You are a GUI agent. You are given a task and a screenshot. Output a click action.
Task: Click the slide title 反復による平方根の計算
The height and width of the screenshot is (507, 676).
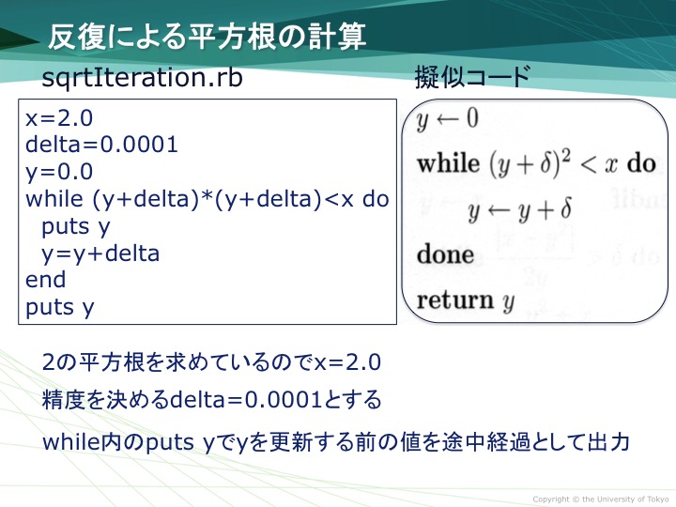(207, 37)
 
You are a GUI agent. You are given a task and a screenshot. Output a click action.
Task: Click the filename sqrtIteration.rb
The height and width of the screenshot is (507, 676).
(142, 78)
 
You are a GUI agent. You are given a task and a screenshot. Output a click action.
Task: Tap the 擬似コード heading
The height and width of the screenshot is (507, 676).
(472, 77)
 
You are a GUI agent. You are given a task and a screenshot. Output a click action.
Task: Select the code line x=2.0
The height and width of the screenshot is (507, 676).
(59, 118)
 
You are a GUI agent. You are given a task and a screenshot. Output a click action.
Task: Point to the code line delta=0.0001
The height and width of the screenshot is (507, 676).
(101, 145)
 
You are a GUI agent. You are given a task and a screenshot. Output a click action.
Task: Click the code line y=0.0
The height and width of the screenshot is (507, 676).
(59, 172)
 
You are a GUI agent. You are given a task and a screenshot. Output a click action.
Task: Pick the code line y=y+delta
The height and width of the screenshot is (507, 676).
(100, 253)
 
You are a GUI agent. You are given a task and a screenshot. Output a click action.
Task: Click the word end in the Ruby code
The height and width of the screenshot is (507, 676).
(46, 280)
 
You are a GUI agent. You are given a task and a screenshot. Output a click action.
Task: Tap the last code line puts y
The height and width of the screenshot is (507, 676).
(59, 308)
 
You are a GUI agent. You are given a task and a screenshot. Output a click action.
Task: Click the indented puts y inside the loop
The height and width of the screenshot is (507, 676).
(76, 227)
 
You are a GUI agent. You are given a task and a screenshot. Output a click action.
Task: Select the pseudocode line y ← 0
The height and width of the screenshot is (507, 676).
(448, 118)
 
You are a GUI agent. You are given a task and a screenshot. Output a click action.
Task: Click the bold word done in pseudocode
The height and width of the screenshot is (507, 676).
(445, 253)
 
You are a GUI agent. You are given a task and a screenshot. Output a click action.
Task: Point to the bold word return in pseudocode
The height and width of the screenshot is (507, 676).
(454, 300)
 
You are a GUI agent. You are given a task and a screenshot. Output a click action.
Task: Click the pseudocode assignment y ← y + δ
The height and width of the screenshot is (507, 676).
(520, 209)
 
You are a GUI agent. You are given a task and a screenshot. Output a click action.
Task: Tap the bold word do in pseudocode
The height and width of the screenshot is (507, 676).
(641, 163)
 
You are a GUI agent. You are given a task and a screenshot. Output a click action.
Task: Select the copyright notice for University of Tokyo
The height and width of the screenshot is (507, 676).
(601, 499)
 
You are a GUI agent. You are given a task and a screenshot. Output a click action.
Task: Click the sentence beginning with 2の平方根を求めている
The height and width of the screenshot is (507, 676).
(211, 362)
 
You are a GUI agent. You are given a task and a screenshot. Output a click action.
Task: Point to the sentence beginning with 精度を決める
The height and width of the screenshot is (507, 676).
(211, 399)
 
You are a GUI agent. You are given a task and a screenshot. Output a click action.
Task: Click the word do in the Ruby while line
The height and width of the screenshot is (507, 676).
(376, 199)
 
